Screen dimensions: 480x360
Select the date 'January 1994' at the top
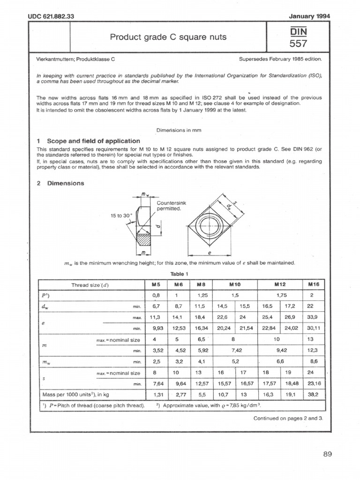(x=310, y=16)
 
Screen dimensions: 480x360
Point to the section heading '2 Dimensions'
(x=60, y=183)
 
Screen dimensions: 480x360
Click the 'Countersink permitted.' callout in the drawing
(x=171, y=205)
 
